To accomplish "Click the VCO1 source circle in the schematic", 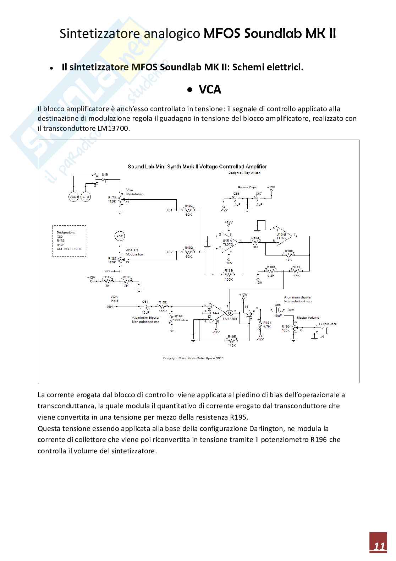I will point(73,196).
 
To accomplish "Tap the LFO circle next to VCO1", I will point(86,196).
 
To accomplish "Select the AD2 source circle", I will point(120,236).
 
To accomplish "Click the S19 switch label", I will point(105,175).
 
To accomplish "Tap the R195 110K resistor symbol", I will point(232,340).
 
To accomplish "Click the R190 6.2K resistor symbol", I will point(271,271).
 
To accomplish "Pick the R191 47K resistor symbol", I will point(297,271).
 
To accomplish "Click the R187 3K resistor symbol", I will point(107,281).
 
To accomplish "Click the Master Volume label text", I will point(308,318).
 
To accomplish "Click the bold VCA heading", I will point(210,90).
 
